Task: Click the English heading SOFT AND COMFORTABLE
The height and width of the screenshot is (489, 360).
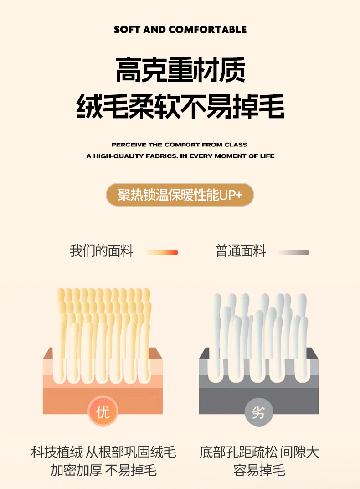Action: [180, 30]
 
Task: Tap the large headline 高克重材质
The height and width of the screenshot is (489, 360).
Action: [180, 70]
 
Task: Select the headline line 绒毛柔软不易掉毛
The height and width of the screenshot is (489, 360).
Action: [180, 106]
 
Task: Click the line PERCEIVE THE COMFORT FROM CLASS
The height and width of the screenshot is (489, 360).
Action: [180, 145]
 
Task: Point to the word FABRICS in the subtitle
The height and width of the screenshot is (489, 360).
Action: [161, 156]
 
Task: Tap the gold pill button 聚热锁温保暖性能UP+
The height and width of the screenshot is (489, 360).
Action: [180, 195]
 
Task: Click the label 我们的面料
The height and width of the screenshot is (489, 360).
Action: [102, 251]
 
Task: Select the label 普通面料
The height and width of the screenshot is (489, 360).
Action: [241, 251]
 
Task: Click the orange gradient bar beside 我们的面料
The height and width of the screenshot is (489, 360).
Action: [162, 253]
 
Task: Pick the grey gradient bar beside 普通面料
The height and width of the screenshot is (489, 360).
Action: [293, 253]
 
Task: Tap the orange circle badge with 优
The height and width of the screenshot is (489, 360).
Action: [103, 411]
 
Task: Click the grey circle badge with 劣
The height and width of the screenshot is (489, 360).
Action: [258, 412]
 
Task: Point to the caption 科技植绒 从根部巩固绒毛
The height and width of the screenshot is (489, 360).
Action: [103, 452]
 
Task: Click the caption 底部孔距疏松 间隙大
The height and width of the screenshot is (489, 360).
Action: [259, 452]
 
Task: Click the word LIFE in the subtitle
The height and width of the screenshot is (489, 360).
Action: [267, 156]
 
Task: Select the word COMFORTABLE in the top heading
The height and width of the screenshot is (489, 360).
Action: [207, 30]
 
